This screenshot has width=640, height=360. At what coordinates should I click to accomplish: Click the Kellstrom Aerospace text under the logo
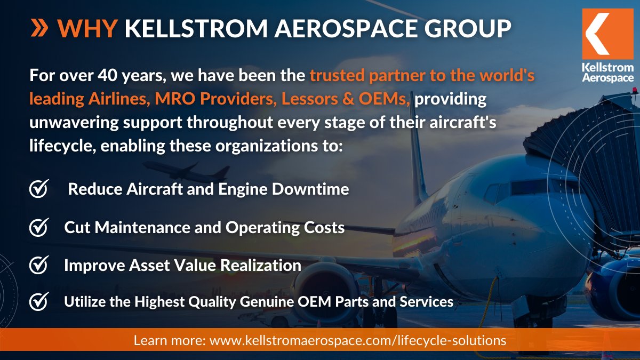click(x=608, y=73)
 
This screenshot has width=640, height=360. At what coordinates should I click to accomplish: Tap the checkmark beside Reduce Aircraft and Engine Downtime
click(x=39, y=189)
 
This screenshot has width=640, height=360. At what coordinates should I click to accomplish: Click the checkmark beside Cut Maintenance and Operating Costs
click(x=39, y=227)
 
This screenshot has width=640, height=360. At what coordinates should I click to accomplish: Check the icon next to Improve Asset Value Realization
click(x=39, y=265)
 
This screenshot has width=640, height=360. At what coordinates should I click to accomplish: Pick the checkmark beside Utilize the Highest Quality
click(x=39, y=301)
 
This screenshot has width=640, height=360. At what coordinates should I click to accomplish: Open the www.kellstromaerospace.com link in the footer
click(x=357, y=340)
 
